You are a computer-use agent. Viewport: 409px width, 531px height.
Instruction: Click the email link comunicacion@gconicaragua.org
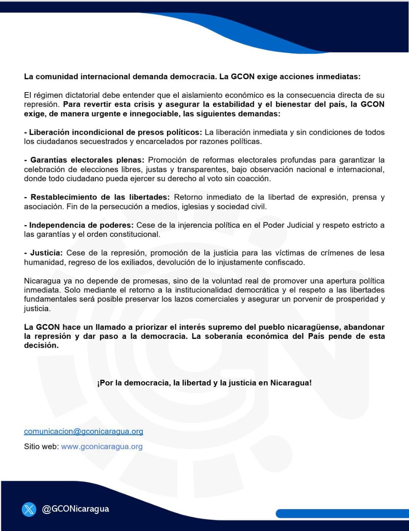(83, 431)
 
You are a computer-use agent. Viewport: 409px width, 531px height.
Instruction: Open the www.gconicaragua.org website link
(102, 447)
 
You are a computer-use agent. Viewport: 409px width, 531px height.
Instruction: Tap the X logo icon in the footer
(29, 509)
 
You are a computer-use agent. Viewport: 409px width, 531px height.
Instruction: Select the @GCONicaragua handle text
(75, 509)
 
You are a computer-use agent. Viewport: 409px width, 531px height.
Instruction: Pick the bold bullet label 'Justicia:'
(46, 253)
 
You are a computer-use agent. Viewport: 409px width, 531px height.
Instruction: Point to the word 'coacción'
(253, 179)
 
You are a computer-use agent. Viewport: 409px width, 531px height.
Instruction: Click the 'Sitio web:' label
(41, 447)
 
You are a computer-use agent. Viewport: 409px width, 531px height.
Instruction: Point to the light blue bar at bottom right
(342, 514)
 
